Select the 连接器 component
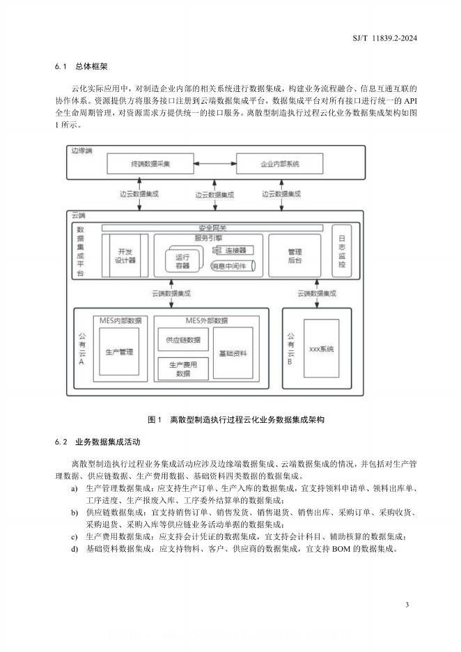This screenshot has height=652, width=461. point(234,249)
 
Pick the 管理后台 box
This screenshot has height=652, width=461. point(295,255)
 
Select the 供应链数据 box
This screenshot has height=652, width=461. point(182,340)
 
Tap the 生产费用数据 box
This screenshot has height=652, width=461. point(182,369)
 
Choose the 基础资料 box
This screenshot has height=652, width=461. point(233,352)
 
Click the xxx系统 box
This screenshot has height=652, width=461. point(322,348)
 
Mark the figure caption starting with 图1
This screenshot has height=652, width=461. point(237,420)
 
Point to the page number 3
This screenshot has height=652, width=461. point(407,604)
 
